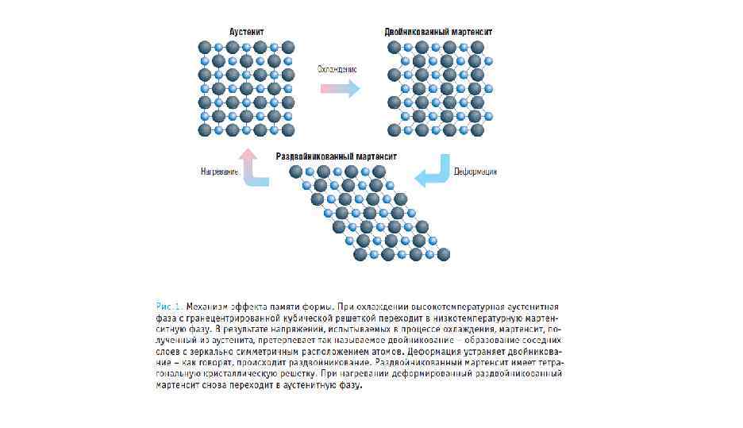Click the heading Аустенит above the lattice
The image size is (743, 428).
click(x=246, y=32)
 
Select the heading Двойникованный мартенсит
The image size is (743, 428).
click(x=438, y=32)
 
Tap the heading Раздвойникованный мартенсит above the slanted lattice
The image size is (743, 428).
click(x=336, y=156)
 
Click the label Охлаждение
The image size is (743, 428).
click(x=337, y=69)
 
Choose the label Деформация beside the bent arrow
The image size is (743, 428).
click(x=475, y=172)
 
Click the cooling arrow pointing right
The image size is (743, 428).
click(x=340, y=88)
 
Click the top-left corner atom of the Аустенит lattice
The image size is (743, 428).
click(x=205, y=47)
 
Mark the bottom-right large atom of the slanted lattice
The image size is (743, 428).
click(x=444, y=254)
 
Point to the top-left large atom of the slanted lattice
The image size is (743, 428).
click(x=296, y=172)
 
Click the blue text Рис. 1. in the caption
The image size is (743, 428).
click(x=168, y=305)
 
